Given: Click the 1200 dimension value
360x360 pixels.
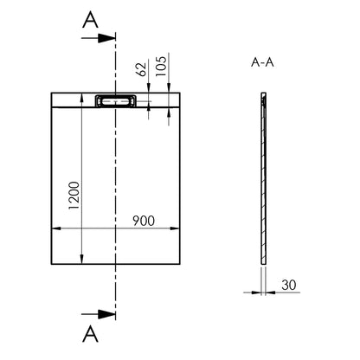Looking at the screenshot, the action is [74, 196].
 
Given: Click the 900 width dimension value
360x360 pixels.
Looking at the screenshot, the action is [144, 221].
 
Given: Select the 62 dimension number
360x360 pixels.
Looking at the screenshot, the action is [141, 69].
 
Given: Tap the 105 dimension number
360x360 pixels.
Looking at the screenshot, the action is [161, 66].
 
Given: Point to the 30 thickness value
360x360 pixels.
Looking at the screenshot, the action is [289, 285].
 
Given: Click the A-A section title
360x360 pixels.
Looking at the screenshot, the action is [262, 62].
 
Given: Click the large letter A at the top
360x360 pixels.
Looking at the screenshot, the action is [90, 20].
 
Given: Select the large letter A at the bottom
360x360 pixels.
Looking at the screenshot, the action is [90, 334].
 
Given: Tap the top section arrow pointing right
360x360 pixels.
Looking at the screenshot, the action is [99, 38].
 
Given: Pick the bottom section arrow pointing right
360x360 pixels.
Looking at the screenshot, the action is [99, 314].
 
